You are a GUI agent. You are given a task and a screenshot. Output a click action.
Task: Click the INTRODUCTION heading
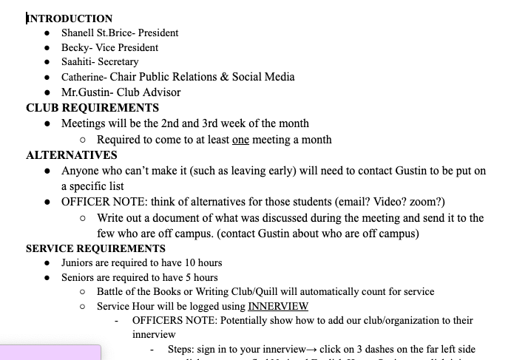tap(70, 18)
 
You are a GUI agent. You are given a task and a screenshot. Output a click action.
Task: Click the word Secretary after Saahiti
tap(118, 62)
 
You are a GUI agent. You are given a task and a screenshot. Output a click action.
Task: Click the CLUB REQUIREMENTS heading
tap(92, 108)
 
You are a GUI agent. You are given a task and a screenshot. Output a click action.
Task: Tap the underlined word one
tap(240, 139)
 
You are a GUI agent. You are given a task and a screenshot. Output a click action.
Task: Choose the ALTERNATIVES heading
tap(72, 155)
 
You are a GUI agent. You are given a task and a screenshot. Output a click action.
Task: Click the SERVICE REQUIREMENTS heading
tap(95, 248)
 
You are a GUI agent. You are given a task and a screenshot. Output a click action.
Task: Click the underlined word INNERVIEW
tap(278, 306)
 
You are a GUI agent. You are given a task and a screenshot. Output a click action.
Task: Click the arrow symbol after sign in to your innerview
tap(308, 350)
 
